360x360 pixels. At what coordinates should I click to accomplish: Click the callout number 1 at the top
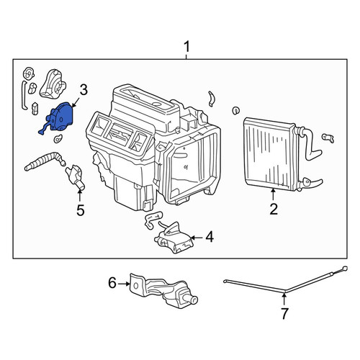186,47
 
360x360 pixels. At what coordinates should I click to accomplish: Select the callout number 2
274,209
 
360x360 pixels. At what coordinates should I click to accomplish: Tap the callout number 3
83,90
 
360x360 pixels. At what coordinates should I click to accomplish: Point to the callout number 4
210,237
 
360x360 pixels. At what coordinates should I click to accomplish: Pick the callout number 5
81,210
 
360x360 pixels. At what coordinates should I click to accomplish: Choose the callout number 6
112,283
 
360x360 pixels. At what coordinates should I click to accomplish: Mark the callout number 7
284,313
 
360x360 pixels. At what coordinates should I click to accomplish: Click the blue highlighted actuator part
59,117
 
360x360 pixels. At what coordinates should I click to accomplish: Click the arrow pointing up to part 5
79,196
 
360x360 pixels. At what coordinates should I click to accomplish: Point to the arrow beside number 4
197,238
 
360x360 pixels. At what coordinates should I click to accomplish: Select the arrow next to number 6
124,284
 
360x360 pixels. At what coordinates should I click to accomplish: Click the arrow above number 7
284,299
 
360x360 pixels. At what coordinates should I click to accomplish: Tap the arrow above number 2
273,195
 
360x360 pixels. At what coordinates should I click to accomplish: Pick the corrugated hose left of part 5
45,161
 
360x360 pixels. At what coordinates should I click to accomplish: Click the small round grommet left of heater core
236,110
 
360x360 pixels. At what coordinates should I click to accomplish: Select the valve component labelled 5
75,177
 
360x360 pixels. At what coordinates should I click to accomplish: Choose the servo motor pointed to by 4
174,238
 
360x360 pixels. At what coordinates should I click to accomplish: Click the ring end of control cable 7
345,268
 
